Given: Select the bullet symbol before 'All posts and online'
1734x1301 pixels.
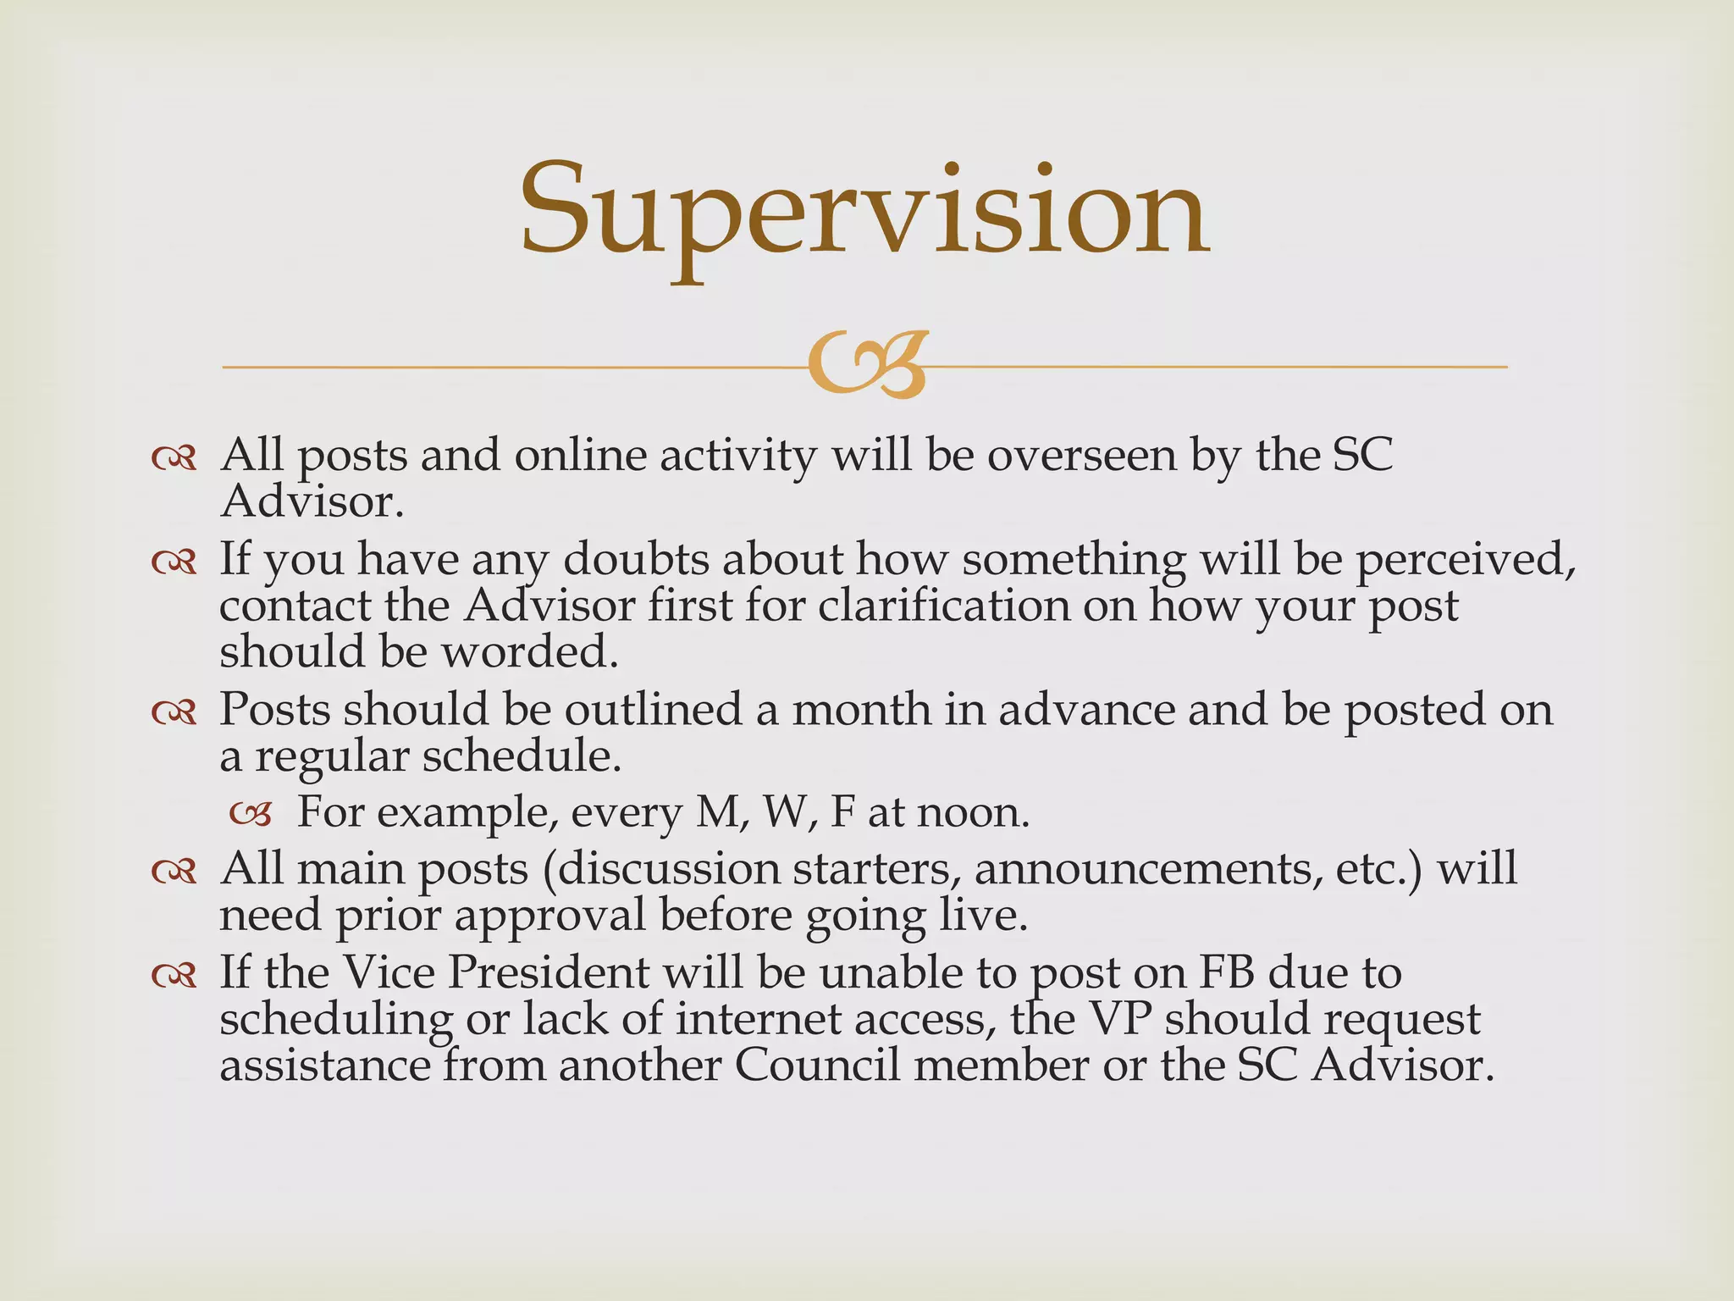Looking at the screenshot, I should [x=174, y=458].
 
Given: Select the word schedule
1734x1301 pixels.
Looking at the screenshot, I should [x=522, y=756].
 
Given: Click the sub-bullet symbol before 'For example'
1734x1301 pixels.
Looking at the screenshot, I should [x=251, y=815].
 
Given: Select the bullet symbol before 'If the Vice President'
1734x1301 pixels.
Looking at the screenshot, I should [x=174, y=976].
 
